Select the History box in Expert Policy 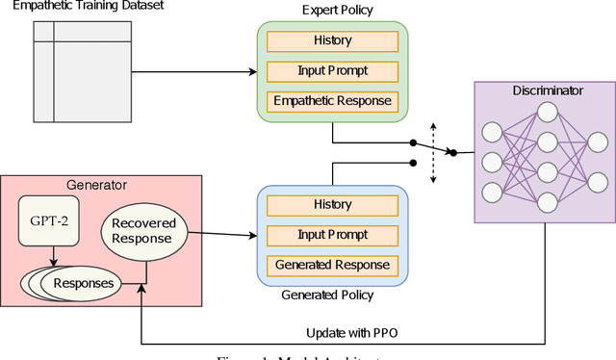[x=332, y=40]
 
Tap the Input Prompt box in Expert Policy [x=332, y=70]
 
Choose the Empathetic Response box [x=332, y=100]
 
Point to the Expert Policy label [x=332, y=12]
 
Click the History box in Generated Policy [x=332, y=204]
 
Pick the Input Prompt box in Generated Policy [x=332, y=234]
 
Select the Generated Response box [x=332, y=264]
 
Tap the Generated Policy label [x=332, y=294]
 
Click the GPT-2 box [x=49, y=222]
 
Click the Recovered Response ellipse [x=142, y=230]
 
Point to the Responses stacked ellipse [x=83, y=283]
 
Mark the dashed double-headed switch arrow [x=433, y=152]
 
